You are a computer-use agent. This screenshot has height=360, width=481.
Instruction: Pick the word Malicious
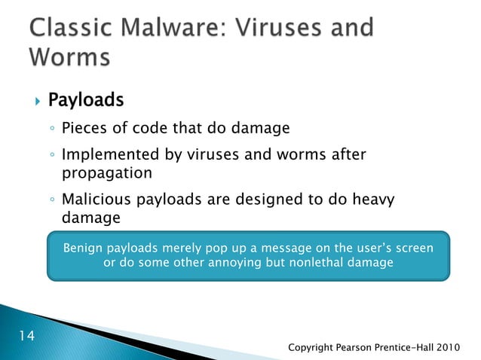[93, 200]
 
